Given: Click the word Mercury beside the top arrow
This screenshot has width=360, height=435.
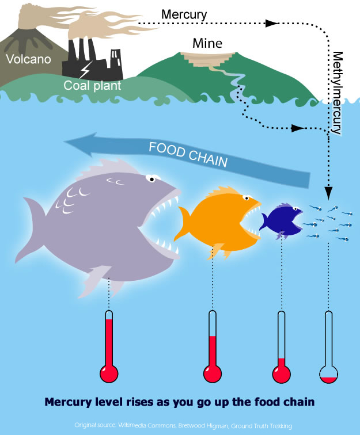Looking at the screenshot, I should pyautogui.click(x=184, y=13).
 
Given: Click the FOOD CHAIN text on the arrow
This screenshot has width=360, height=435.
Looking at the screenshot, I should pyautogui.click(x=188, y=155).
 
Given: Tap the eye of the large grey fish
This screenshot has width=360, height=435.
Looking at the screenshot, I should pyautogui.click(x=150, y=178).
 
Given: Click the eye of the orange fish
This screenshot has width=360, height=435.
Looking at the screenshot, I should pyautogui.click(x=247, y=199).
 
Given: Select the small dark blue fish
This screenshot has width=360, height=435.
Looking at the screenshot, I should pyautogui.click(x=281, y=220).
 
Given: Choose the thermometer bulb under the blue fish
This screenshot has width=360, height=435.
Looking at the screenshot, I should pyautogui.click(x=281, y=374).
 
